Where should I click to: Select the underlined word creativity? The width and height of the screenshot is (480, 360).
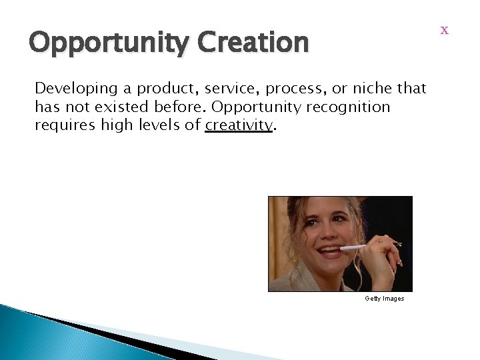pos(239,125)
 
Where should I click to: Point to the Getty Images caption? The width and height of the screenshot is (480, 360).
pos(384,299)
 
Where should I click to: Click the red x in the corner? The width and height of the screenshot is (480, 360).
pos(445,31)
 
